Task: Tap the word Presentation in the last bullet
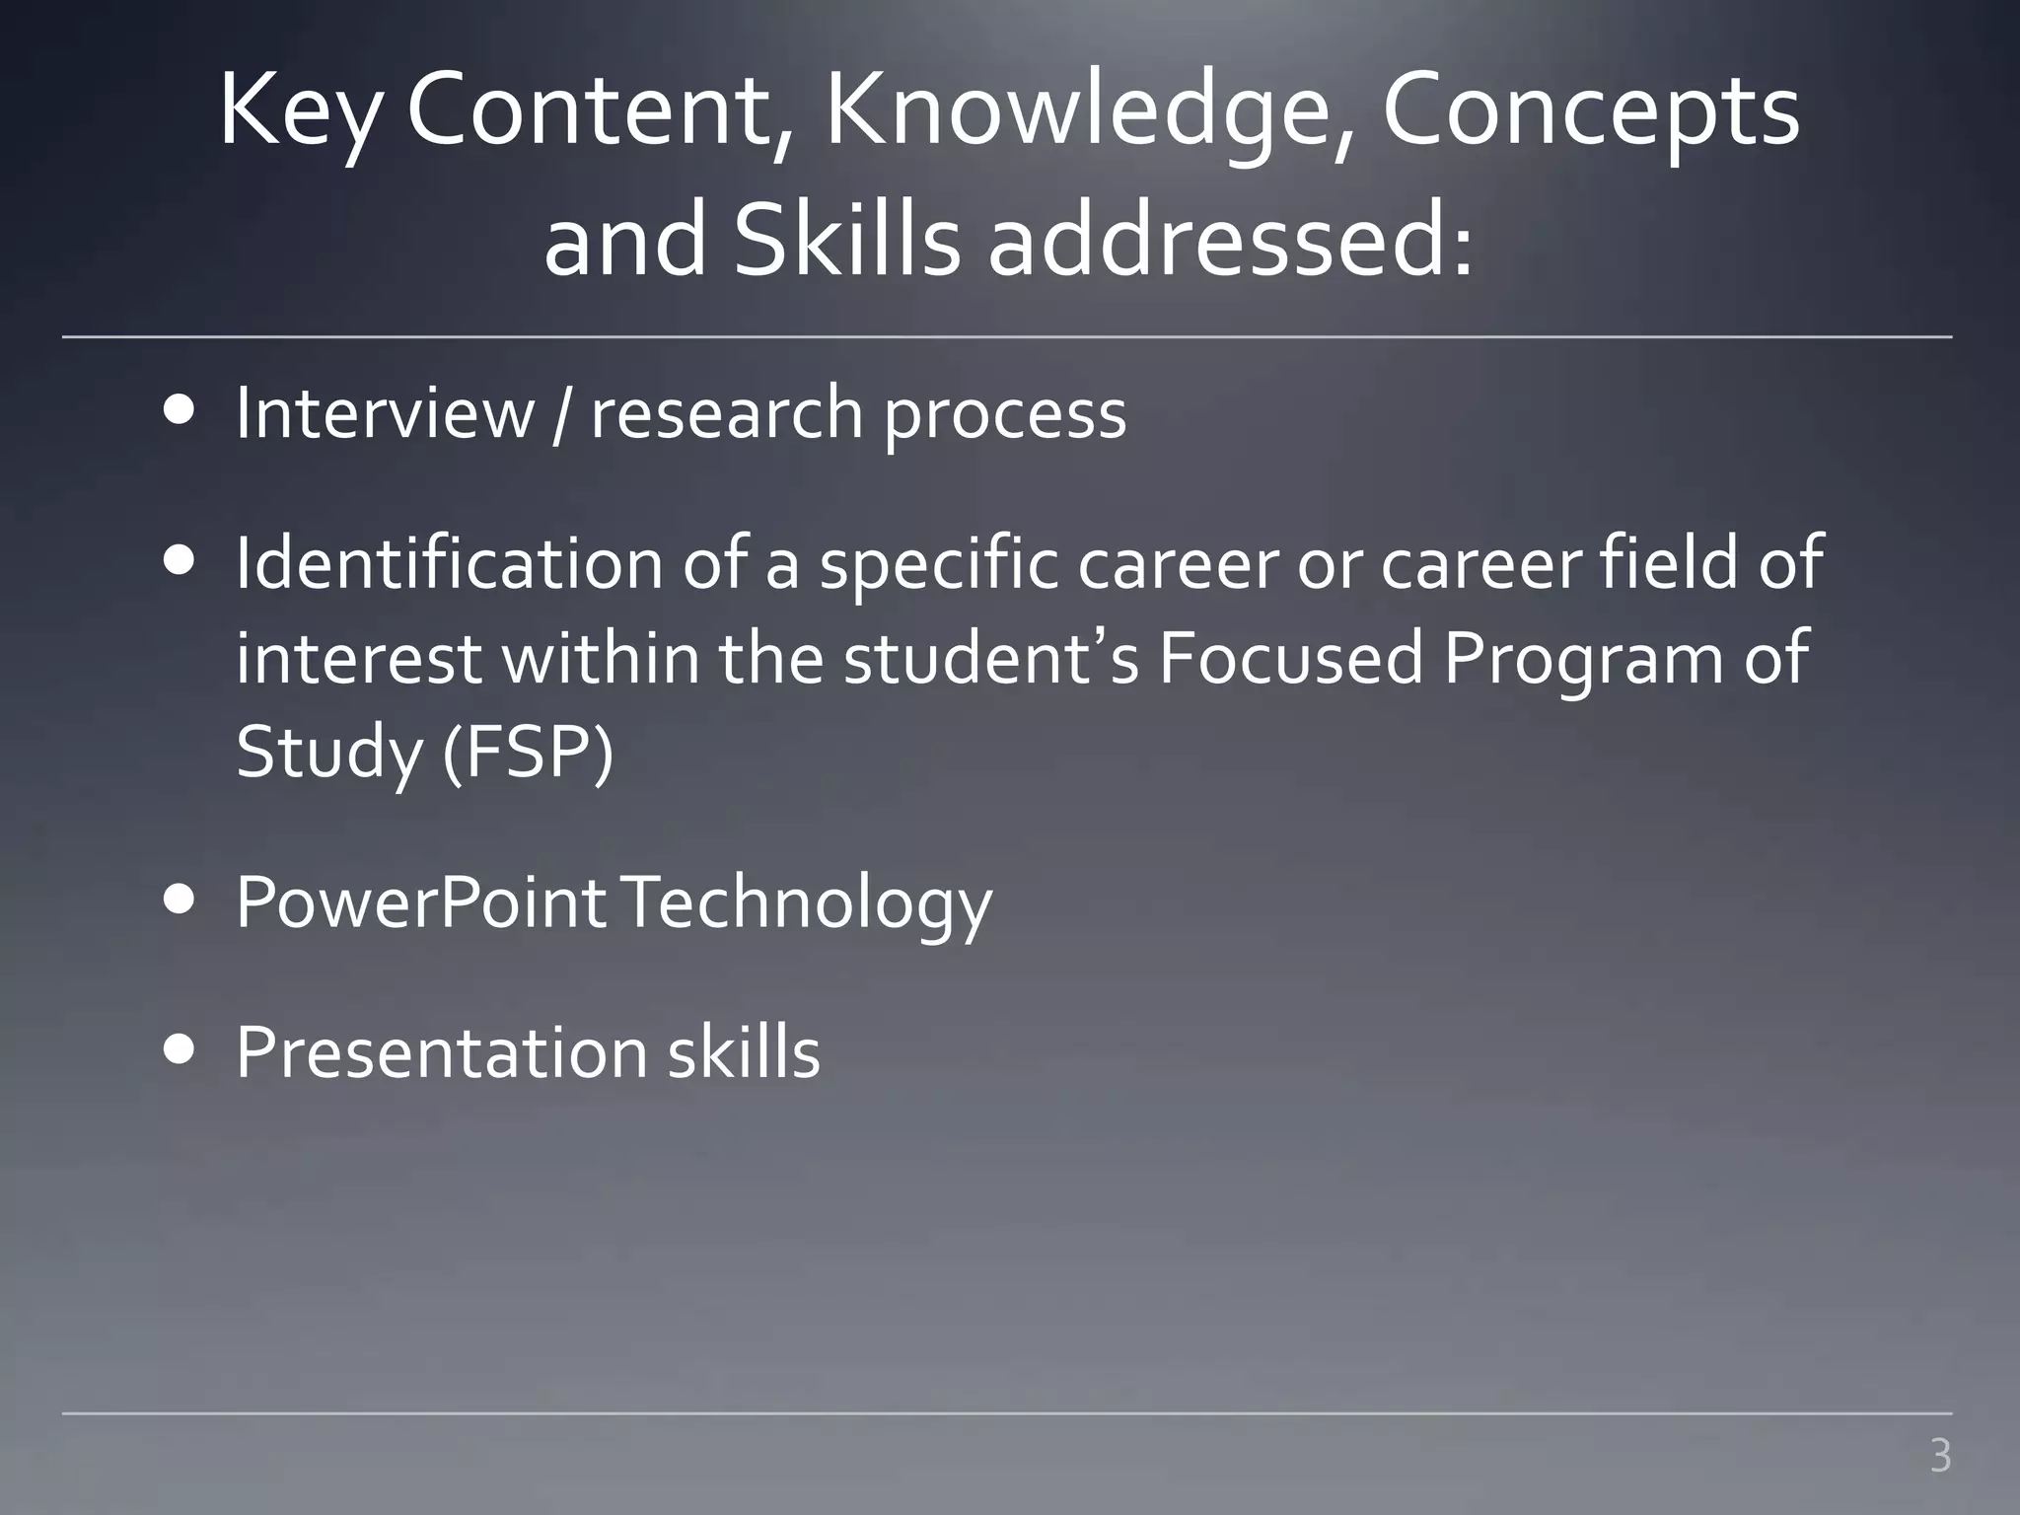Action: click(x=440, y=1052)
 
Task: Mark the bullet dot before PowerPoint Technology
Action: click(x=180, y=902)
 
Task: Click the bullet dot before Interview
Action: click(x=180, y=411)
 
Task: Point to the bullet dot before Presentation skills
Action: click(x=180, y=1051)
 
